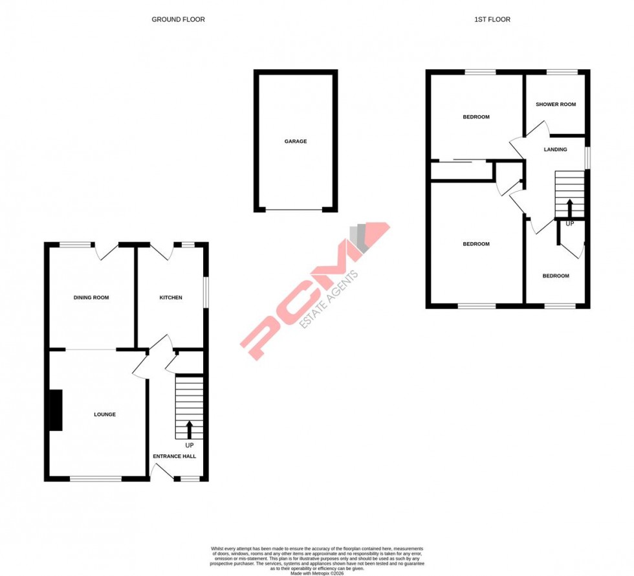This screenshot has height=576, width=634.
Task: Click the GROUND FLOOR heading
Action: click(178, 19)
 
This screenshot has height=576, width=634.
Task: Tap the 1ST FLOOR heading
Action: click(492, 19)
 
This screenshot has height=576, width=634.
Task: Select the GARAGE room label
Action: click(296, 141)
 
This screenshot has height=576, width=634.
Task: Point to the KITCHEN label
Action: click(171, 298)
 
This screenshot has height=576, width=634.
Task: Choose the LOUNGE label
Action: click(104, 414)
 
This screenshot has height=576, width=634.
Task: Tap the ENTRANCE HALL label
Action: click(174, 456)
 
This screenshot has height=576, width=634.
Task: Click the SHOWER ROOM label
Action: click(555, 104)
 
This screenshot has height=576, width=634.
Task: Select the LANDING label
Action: click(555, 150)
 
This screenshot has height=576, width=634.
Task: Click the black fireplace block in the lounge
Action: click(56, 410)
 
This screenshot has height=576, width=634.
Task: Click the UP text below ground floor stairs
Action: click(190, 446)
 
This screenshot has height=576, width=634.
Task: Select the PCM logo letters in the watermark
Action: click(304, 298)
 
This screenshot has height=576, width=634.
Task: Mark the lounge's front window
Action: click(96, 479)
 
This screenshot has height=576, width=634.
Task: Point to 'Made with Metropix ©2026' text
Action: click(317, 573)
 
